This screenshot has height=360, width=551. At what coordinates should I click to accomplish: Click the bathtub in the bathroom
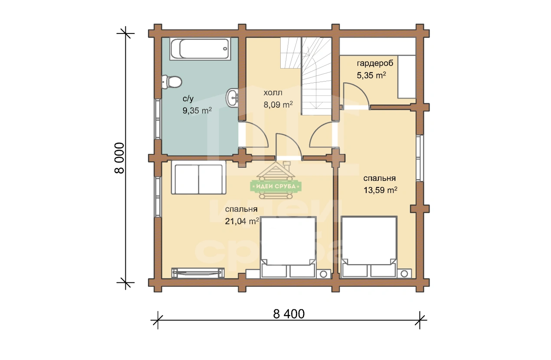[x=200, y=49]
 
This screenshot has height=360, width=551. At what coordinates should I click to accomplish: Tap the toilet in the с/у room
[x=172, y=82]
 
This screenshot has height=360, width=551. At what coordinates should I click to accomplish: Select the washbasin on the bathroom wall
[x=232, y=98]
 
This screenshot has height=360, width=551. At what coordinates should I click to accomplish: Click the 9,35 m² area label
[x=197, y=111]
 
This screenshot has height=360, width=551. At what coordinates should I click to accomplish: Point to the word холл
[x=273, y=93]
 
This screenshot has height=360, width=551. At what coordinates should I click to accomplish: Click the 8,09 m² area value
[x=278, y=105]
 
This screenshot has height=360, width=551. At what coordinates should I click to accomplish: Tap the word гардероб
[x=375, y=63]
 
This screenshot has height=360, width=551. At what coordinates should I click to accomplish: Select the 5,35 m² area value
[x=371, y=75]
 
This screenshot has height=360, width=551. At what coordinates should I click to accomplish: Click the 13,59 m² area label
[x=380, y=190]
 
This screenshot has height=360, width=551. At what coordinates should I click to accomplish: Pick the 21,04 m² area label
[x=242, y=221]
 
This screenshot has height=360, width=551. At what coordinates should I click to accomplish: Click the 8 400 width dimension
[x=289, y=314]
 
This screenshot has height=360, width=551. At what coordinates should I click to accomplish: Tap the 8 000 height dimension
[x=120, y=158]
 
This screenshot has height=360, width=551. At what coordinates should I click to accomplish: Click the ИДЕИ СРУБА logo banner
[x=276, y=187]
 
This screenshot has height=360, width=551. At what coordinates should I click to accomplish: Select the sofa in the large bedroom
[x=199, y=177]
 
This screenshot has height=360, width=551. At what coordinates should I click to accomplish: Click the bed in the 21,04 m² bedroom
[x=288, y=247]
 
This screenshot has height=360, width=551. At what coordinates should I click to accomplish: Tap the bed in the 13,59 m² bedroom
[x=369, y=247]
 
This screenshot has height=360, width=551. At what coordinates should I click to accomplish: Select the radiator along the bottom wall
[x=198, y=273]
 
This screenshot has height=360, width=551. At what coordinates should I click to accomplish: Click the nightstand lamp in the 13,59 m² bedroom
[x=404, y=274]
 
